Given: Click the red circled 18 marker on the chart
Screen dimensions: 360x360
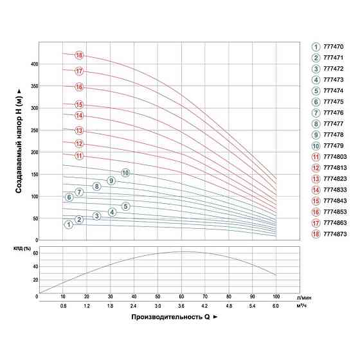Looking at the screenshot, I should [x=79, y=55].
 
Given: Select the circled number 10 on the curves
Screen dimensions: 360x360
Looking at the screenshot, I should [x=125, y=173].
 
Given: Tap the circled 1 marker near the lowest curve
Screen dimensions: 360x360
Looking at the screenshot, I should [x=68, y=224].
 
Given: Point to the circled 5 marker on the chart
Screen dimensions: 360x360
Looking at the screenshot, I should [x=126, y=206].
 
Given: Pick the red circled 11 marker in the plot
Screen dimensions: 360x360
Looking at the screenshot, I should [x=79, y=156].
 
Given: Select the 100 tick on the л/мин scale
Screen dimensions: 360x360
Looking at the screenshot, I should [x=276, y=297].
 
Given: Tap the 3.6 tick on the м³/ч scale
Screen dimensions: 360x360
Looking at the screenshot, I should [x=182, y=306].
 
